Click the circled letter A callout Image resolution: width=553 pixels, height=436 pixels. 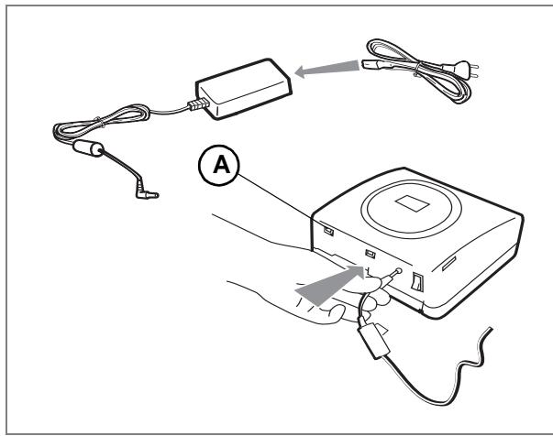click(x=218, y=165)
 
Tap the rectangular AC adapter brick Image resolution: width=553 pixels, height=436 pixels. click(x=244, y=89)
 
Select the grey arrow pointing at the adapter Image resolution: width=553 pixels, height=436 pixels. click(x=327, y=69)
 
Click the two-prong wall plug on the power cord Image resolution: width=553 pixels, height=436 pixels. click(x=462, y=71)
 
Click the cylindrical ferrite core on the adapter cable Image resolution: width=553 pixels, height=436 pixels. click(x=88, y=147)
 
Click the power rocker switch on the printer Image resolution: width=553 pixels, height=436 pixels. click(x=417, y=282)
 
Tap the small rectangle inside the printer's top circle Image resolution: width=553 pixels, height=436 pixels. click(x=412, y=204)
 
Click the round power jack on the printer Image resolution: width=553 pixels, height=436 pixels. click(x=399, y=271)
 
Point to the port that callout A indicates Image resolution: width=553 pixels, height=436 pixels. click(x=328, y=231)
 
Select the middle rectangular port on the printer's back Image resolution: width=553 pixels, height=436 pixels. click(x=370, y=254)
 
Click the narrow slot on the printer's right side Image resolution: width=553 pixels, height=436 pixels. click(x=448, y=264)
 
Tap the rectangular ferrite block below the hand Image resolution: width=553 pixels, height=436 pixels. click(x=373, y=340)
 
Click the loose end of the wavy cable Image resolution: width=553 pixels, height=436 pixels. click(x=491, y=329)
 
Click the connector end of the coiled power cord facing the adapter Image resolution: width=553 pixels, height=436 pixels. click(x=371, y=64)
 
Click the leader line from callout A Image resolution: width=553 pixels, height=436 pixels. click(x=274, y=197)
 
